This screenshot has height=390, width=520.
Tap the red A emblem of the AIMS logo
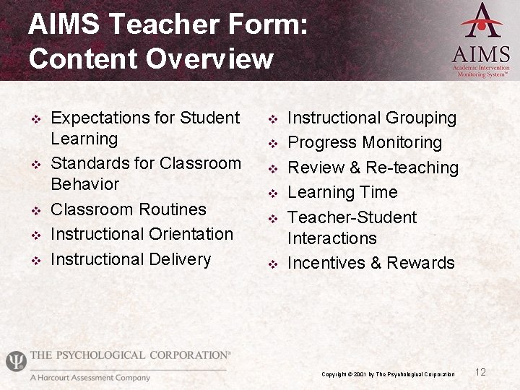pos(481,21)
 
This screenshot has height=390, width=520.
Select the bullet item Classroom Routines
pos(129,209)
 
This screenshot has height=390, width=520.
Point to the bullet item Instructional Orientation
pos(142,234)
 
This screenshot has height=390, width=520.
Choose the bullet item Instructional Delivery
pos(131,259)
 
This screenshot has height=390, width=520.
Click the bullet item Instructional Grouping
pos(372,118)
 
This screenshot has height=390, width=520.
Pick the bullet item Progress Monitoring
pos(365,143)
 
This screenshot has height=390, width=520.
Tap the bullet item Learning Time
pos(342,192)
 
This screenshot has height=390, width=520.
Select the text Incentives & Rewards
pos(371,263)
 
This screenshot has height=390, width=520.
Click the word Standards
pos(90,163)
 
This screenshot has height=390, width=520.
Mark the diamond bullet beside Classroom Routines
pos(33,211)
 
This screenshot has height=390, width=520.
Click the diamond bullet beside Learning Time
pos(272,194)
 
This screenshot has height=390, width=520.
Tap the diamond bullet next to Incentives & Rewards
pos(272,264)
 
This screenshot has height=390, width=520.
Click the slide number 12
pos(480,372)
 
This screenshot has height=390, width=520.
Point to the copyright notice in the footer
pos(388,374)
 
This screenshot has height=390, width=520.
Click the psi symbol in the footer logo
pos(15,360)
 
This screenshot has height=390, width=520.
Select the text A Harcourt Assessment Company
pos(90,378)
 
